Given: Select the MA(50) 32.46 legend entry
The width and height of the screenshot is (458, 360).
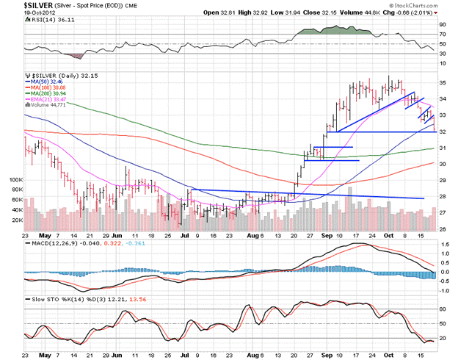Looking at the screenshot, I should [46, 81].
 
